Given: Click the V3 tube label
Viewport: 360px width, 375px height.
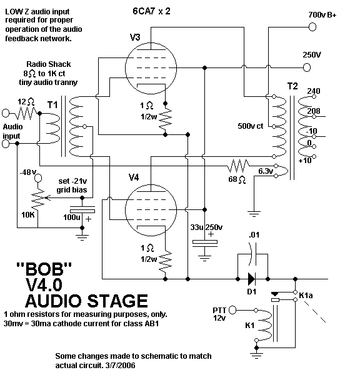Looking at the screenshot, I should (135, 37).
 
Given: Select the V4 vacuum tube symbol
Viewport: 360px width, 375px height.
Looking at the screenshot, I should (149, 206).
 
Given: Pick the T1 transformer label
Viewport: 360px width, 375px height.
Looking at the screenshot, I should (56, 104).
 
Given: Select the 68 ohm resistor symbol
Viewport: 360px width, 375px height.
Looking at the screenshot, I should (237, 167).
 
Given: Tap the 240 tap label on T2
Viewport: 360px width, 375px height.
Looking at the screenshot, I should (314, 91).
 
